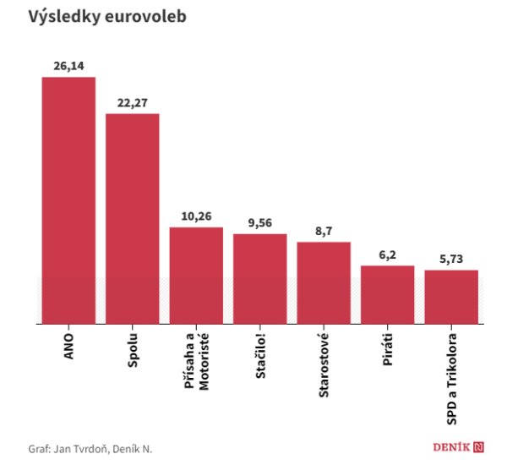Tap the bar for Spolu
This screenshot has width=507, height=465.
tap(133, 218)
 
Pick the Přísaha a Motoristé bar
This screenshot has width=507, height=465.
tap(196, 275)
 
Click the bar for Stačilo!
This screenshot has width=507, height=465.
tap(259, 278)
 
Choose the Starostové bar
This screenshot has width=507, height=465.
tap(324, 282)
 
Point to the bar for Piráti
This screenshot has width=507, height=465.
tap(387, 294)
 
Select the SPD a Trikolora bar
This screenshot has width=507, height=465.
tap(451, 297)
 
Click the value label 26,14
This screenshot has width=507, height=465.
tap(68, 66)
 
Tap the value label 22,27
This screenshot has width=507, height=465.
tap(133, 102)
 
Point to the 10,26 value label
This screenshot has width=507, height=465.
tap(196, 216)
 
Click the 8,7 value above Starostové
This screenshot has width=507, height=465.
tap(324, 231)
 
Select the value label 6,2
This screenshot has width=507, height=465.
tap(387, 254)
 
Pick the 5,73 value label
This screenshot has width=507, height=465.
tap(451, 259)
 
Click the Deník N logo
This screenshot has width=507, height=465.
tap(454, 446)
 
